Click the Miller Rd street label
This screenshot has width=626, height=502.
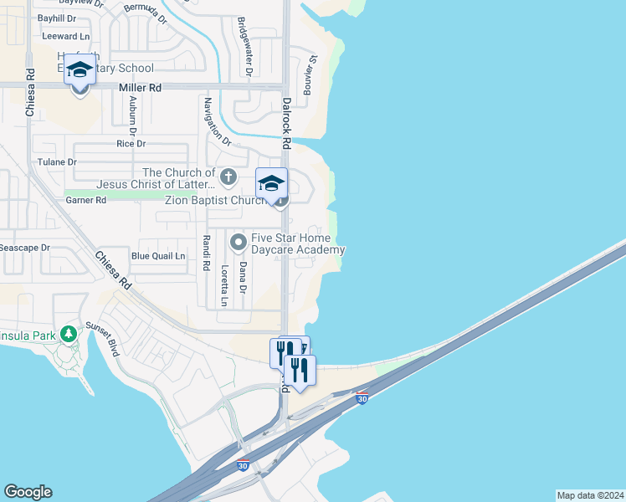click(140, 87)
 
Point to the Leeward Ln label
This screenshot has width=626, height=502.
click(67, 37)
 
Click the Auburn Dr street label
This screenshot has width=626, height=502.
click(131, 115)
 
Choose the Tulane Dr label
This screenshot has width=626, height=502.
click(57, 161)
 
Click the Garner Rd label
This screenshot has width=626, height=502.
click(85, 200)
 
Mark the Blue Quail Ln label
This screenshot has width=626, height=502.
click(158, 255)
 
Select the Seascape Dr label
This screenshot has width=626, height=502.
click(24, 248)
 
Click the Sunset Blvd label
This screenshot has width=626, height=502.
click(112, 343)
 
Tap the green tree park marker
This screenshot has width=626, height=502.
click(69, 334)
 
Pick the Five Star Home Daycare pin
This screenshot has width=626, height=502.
click(239, 243)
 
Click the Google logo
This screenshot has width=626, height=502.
click(28, 491)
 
